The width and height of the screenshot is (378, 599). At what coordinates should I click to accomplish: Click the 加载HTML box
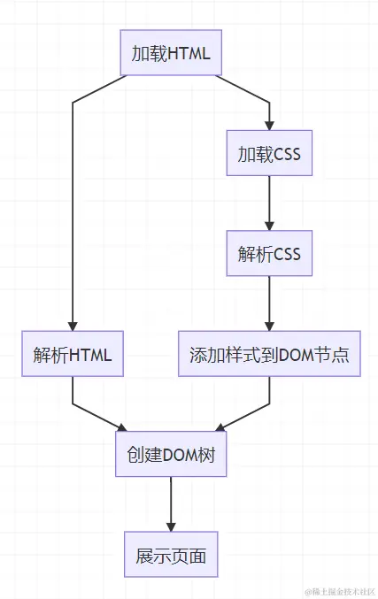click(171, 53)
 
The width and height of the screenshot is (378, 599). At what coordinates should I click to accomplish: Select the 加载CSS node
click(269, 154)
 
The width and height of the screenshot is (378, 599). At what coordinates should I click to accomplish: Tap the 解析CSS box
click(269, 254)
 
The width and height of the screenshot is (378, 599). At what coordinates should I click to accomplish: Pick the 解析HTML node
click(73, 355)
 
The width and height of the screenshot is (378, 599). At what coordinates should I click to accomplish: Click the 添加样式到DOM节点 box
click(269, 355)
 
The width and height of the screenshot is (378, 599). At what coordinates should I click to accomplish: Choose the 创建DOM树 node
click(171, 456)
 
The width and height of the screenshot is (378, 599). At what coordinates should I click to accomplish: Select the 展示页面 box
click(171, 557)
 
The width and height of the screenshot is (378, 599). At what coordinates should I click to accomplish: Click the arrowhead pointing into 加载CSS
click(269, 126)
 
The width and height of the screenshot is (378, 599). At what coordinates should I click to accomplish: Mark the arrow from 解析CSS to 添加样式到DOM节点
click(269, 303)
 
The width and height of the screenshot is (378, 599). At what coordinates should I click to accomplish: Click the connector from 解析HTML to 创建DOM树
click(97, 417)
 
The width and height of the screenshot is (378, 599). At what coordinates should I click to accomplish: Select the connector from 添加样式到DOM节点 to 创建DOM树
click(243, 417)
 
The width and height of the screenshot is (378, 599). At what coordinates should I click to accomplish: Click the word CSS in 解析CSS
click(287, 254)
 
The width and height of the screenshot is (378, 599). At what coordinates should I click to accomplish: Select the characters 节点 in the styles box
click(335, 355)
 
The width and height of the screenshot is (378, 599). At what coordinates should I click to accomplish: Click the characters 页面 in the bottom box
click(189, 557)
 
